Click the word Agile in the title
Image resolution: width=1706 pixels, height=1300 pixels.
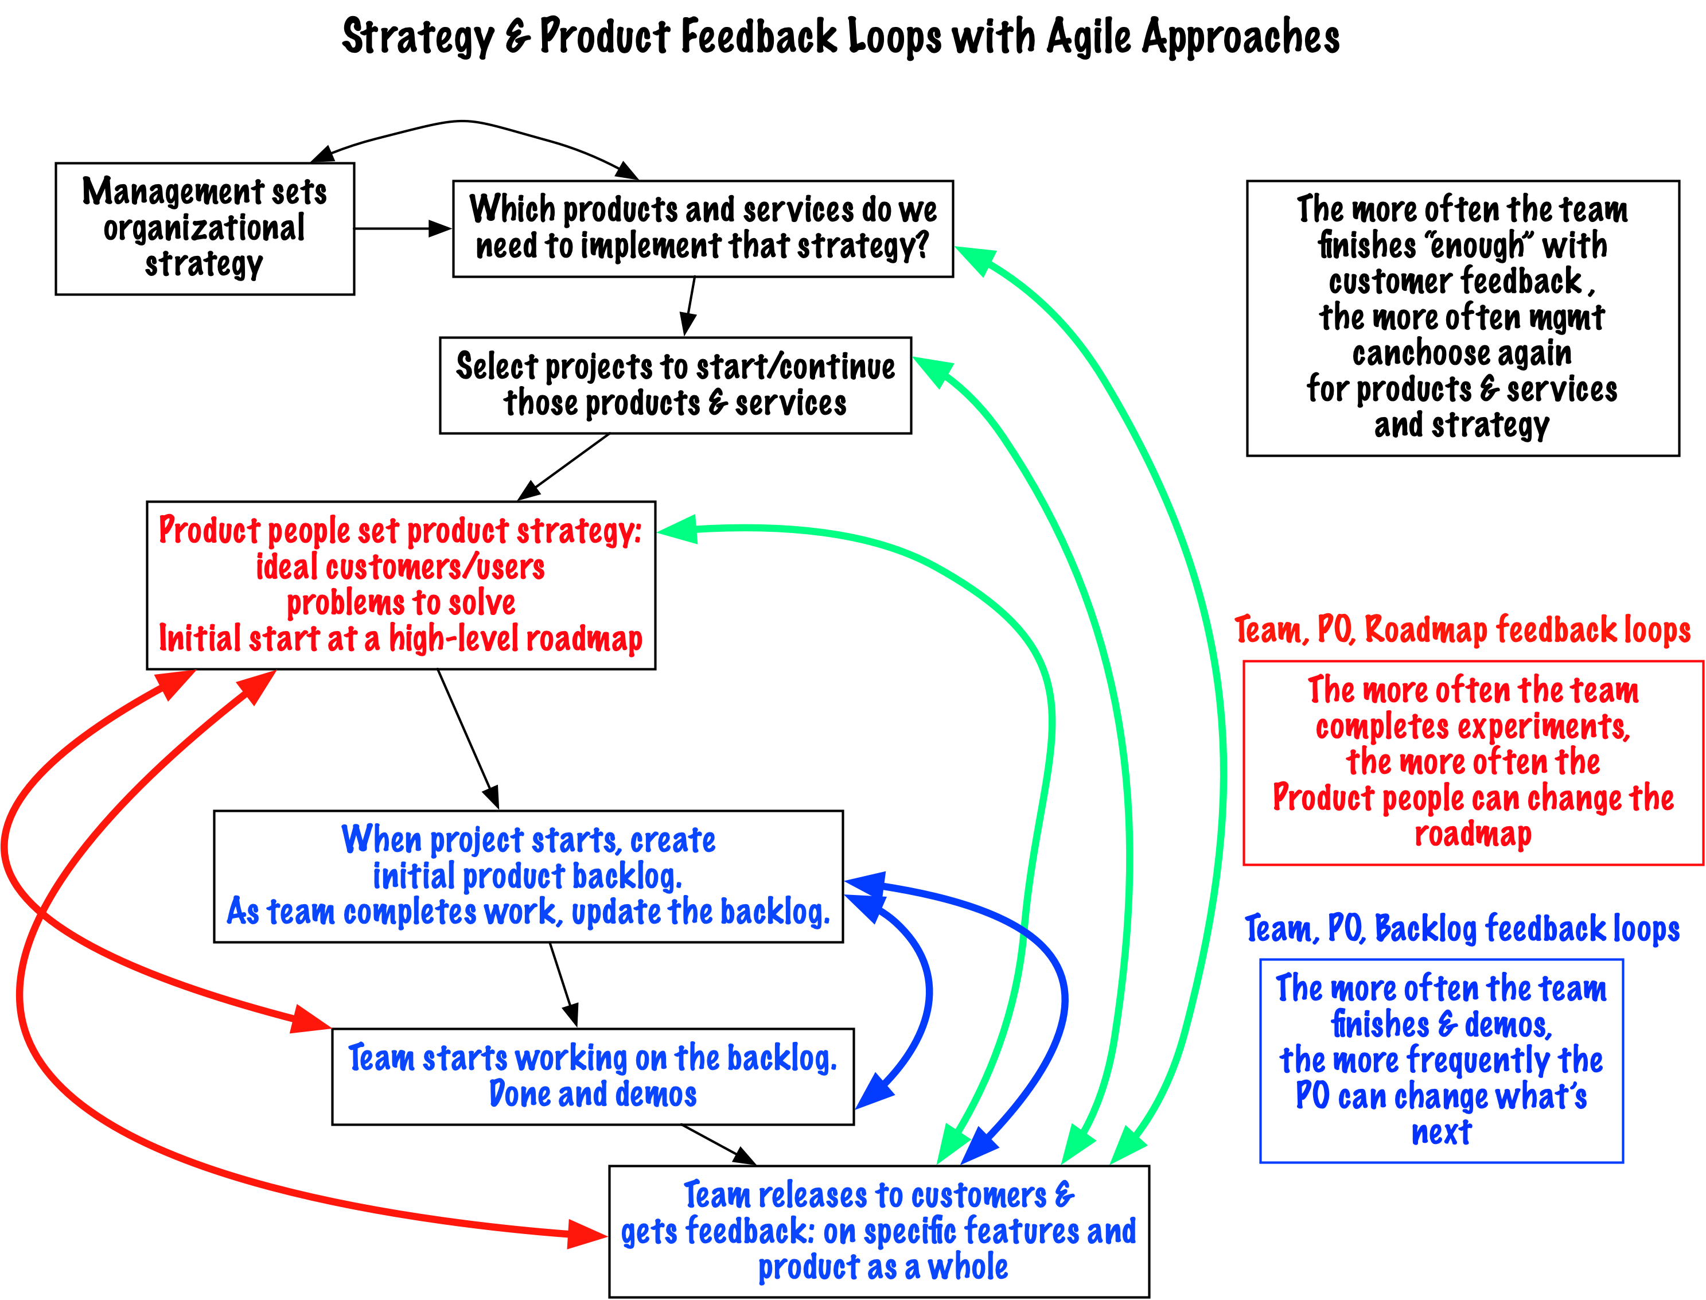click(1089, 37)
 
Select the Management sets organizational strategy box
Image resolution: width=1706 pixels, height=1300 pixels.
click(204, 228)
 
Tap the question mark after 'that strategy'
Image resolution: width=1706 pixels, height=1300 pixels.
click(921, 246)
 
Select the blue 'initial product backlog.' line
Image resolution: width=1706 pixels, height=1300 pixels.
click(528, 876)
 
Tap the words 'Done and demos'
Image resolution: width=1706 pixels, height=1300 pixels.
click(593, 1094)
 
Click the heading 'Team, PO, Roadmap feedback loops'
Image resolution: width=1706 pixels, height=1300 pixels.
click(1462, 630)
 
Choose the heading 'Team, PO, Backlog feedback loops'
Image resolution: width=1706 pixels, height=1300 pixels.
click(1462, 929)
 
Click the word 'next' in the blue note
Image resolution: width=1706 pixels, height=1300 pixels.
click(1440, 1132)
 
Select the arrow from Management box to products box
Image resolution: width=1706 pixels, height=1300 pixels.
click(402, 228)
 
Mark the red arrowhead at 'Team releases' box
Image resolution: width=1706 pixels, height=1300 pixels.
click(588, 1233)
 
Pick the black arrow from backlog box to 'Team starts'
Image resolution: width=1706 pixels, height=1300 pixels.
click(563, 984)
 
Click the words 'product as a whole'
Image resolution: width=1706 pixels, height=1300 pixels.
click(882, 1267)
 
